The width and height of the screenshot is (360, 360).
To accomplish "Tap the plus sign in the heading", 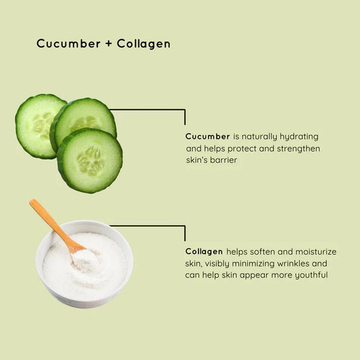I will tap(109, 44).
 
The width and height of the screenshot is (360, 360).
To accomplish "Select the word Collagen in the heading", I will tap(143, 44).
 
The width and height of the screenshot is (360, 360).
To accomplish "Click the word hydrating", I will tap(299, 136).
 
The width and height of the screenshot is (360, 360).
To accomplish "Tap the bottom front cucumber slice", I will tap(90, 160).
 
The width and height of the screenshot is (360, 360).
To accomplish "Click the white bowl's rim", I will tap(84, 226).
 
